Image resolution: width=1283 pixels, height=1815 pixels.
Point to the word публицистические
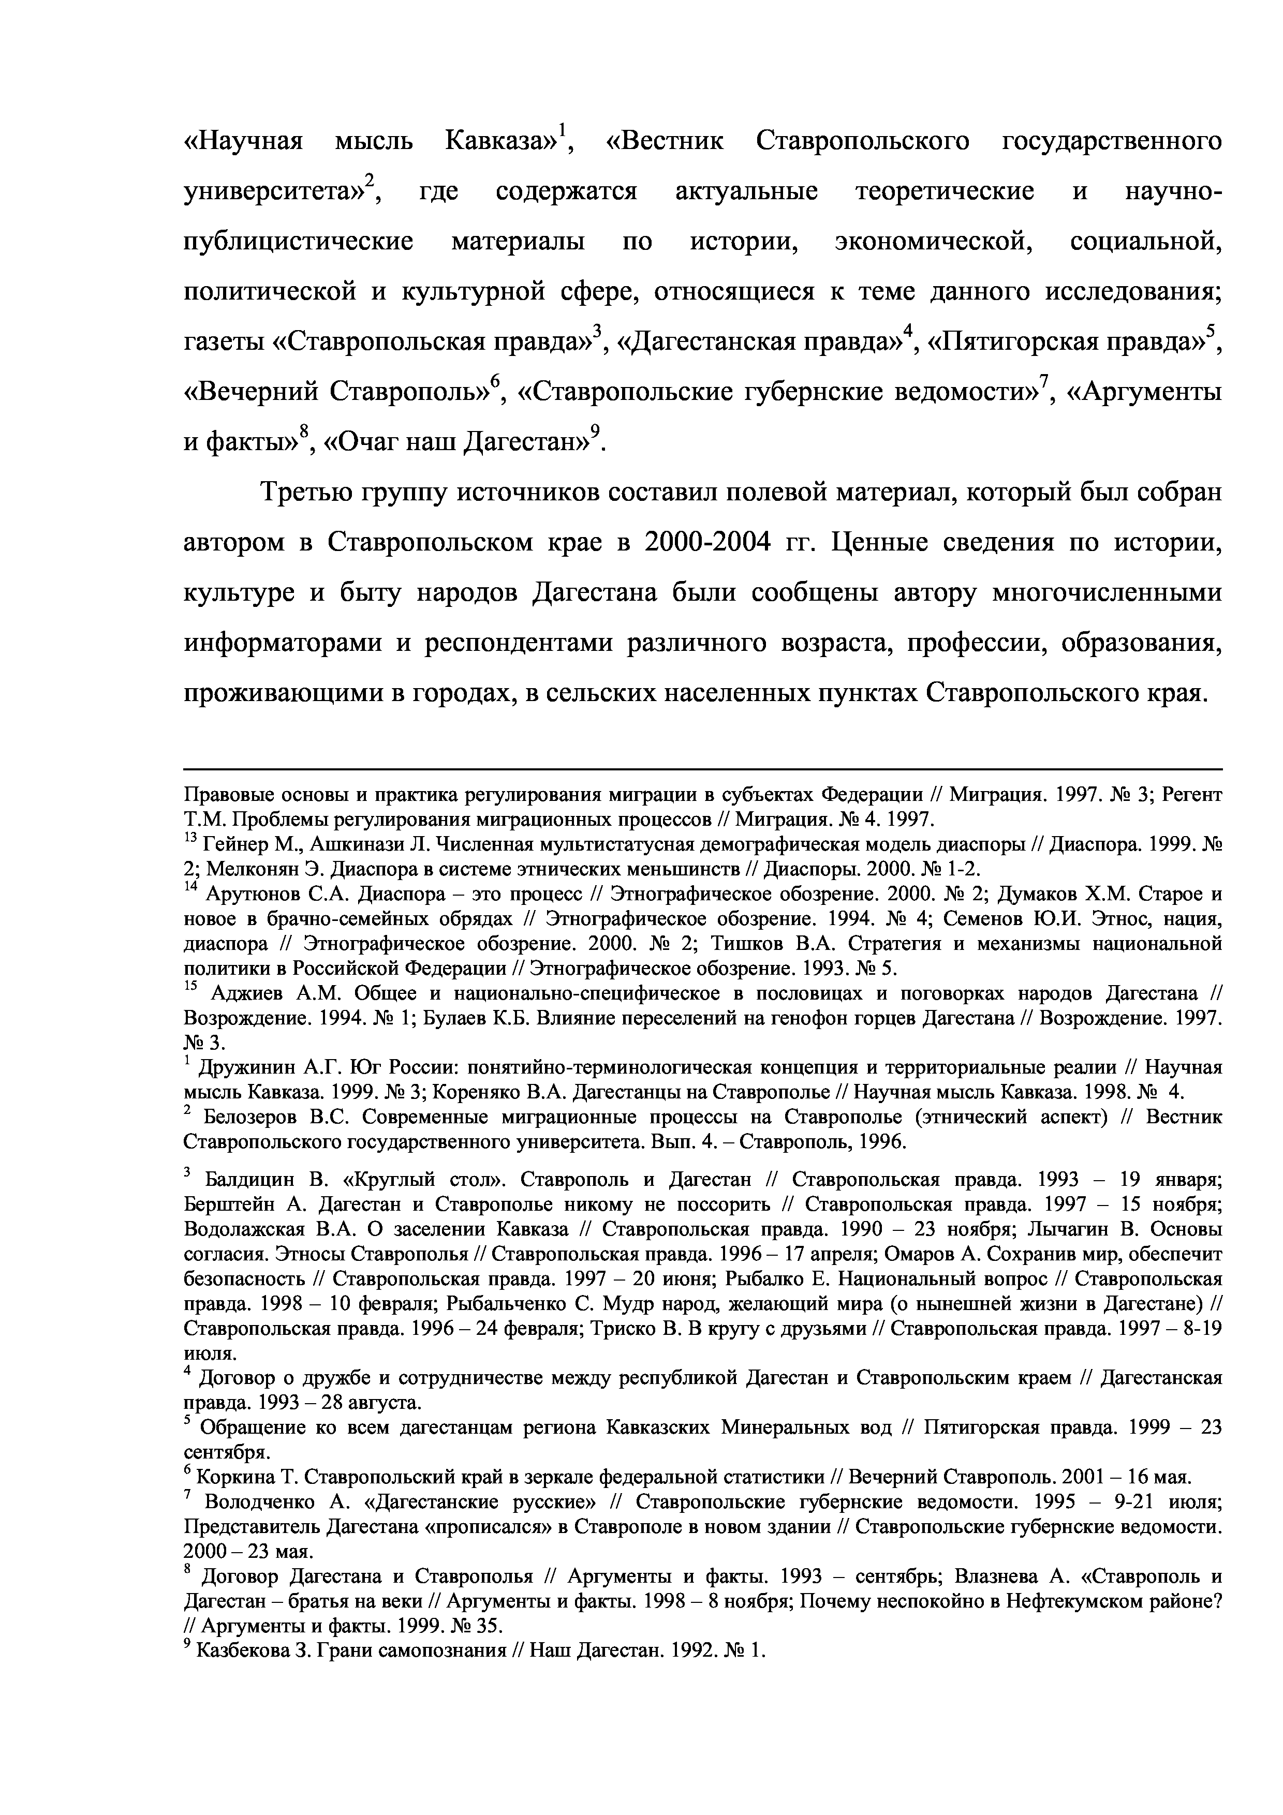click(298, 241)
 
